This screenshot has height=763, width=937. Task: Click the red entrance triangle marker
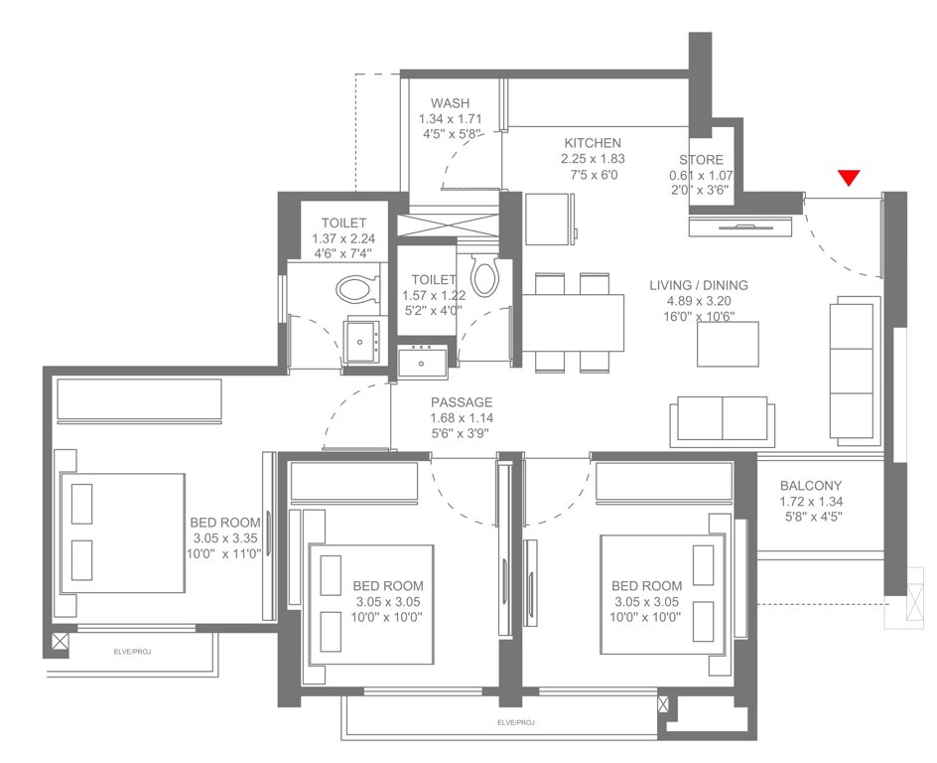pos(847,179)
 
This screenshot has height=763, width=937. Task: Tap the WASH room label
pos(450,103)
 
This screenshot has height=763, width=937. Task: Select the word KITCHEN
pos(593,143)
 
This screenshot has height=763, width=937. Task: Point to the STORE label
pos(701,160)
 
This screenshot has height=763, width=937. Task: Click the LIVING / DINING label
pos(699,286)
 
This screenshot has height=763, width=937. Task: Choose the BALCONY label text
pos(810,486)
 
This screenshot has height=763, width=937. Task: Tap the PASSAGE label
pos(462,402)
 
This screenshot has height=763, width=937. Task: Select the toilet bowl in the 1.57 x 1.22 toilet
pos(484,275)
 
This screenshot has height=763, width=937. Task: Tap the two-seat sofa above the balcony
pos(721,420)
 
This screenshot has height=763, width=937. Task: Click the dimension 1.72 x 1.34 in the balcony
pos(810,502)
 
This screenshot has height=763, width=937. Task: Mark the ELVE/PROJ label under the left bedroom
pos(126,651)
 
